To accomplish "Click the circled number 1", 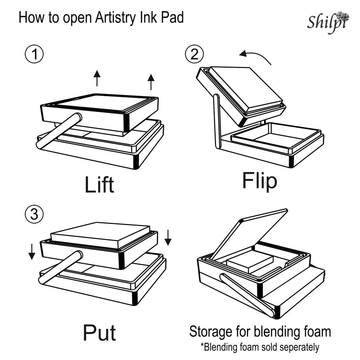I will [34, 55].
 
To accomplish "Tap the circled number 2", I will [194, 55].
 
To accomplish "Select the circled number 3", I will [34, 215].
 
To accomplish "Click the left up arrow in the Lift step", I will [96, 78].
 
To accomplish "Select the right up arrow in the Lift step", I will [151, 81].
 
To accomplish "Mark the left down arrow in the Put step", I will [32, 251].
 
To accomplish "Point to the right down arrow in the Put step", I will [167, 237].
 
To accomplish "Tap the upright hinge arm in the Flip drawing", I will [217, 120].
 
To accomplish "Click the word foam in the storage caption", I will [316, 331].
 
